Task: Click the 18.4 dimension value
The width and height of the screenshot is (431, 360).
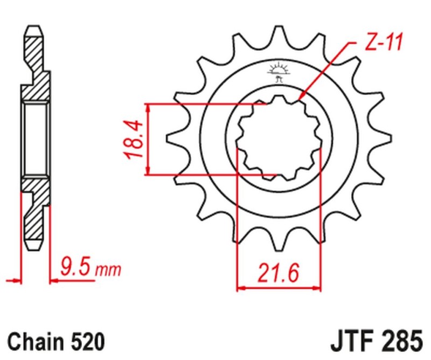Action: click(134, 139)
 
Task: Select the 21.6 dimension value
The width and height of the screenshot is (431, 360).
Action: click(279, 273)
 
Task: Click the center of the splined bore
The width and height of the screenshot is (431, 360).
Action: click(280, 139)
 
